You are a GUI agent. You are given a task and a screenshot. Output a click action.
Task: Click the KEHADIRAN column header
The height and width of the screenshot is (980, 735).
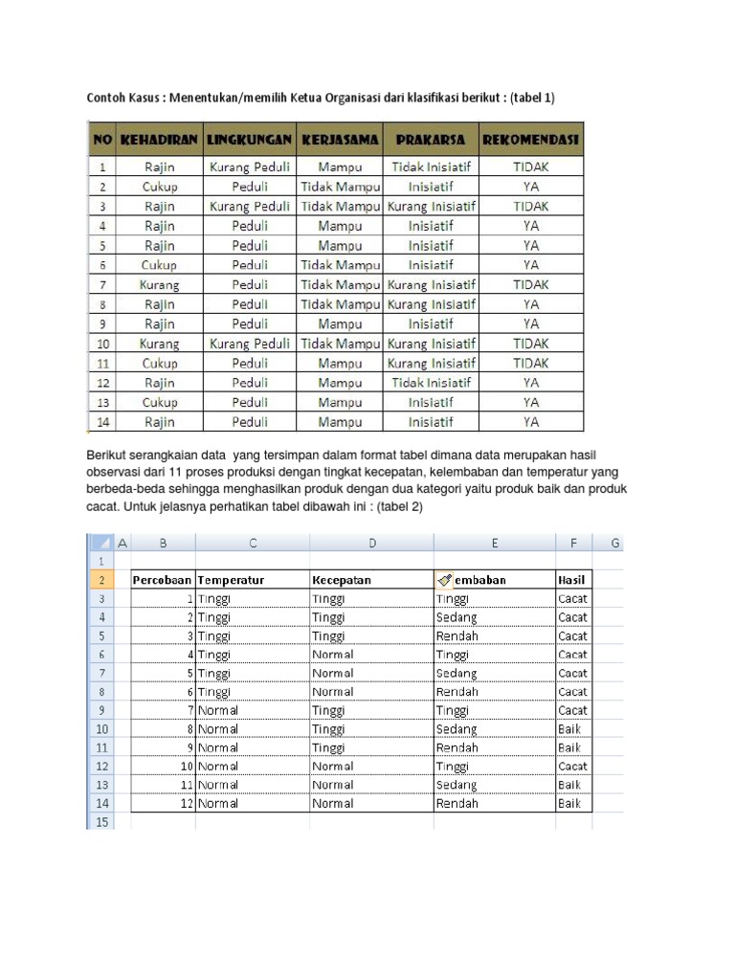(159, 140)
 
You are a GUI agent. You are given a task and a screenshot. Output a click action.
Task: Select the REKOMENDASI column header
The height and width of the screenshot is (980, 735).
(530, 140)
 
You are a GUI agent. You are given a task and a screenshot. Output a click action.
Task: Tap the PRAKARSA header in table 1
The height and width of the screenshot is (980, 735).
(431, 140)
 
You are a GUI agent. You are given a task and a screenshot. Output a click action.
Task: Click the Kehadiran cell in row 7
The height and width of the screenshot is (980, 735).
(159, 284)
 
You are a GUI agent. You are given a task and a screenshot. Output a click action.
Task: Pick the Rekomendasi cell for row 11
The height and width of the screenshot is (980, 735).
(530, 363)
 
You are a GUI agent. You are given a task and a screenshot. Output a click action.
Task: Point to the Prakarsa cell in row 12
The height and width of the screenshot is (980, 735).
(431, 382)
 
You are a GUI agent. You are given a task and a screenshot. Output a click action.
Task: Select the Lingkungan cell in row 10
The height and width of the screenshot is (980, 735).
(249, 343)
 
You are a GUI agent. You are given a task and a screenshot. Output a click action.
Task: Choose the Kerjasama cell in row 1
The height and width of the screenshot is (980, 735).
(340, 166)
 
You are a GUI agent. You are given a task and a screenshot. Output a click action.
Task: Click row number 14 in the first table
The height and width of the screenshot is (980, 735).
(101, 421)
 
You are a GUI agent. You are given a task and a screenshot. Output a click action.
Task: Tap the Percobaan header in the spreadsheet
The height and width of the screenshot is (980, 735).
(163, 580)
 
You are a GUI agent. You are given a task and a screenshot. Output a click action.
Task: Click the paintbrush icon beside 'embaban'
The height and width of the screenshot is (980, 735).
(444, 579)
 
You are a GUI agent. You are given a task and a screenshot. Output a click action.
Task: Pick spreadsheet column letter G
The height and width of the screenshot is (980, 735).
(615, 543)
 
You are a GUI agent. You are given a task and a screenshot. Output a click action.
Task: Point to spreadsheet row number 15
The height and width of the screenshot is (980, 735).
(101, 822)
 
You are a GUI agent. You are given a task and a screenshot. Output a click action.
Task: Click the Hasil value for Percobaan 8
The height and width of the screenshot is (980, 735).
(570, 729)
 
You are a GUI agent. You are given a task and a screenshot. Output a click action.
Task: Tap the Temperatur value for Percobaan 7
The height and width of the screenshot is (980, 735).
(218, 710)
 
